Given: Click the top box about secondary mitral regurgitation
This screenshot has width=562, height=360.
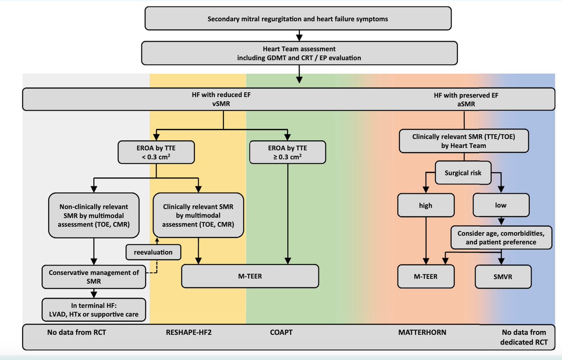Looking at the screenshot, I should [x=298, y=19].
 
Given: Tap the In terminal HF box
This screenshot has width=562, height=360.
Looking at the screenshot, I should [x=94, y=309].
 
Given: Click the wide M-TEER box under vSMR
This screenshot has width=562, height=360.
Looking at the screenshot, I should [x=250, y=276].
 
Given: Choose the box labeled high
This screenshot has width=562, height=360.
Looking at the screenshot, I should [x=426, y=205].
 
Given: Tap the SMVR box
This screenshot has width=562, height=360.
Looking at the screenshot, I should [x=503, y=276].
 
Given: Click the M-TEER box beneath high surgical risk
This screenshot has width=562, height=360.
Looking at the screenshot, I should [x=426, y=276].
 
